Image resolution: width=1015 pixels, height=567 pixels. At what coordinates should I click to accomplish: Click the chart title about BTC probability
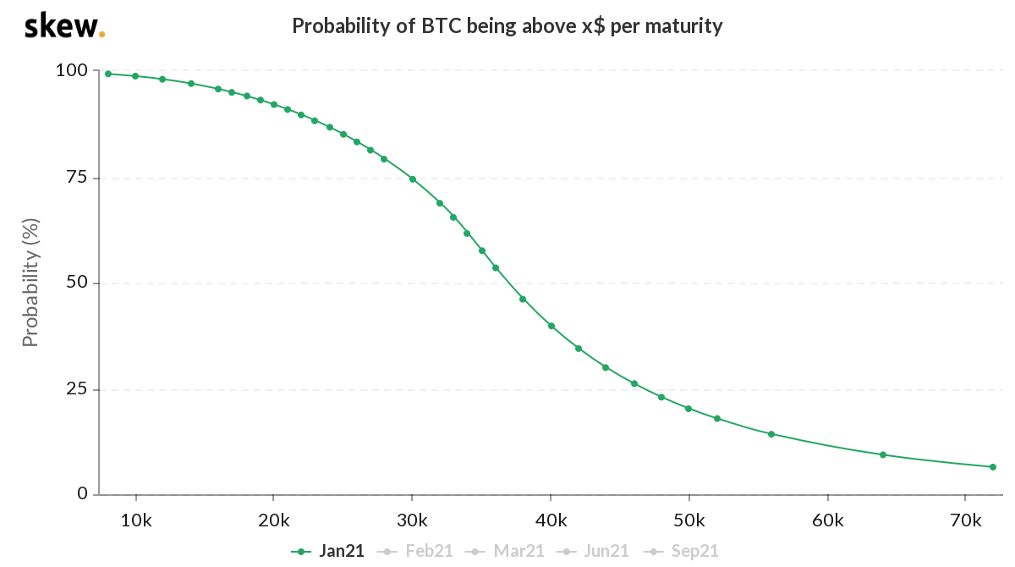507,26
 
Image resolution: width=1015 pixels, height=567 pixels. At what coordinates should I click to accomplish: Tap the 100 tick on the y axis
71,71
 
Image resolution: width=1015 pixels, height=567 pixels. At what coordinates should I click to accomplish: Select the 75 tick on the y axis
76,178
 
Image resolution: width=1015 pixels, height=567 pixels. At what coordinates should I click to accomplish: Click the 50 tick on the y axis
76,283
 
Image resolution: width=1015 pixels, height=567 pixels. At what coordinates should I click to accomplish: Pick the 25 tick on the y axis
76,389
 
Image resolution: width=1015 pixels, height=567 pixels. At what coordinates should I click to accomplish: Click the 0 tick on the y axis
82,494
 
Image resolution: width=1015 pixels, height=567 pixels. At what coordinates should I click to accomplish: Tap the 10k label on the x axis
135,518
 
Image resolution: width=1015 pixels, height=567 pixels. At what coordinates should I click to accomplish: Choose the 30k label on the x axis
412,518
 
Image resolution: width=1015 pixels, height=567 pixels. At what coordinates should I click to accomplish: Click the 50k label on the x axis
689,518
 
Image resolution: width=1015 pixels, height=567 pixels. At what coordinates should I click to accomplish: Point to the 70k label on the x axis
965,518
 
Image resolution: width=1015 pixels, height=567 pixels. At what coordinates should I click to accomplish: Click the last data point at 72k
993,467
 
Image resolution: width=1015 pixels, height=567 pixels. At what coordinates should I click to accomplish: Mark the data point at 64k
883,455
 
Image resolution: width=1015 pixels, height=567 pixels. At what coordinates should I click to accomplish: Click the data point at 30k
413,179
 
